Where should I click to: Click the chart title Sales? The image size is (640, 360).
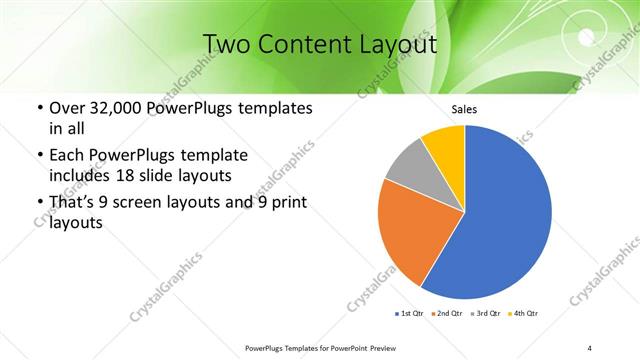[x=465, y=109]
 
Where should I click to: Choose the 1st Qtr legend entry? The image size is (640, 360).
[x=410, y=315]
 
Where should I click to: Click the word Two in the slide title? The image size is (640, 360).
[x=228, y=45]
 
